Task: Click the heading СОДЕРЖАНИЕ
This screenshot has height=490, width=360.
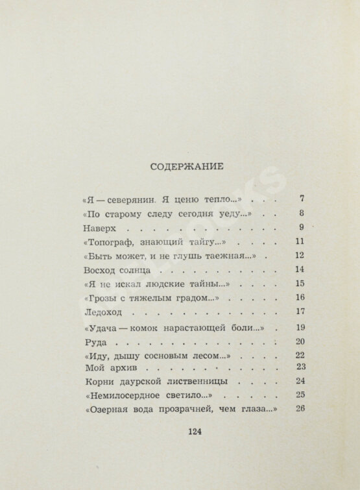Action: tap(187, 165)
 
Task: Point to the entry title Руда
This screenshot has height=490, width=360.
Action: tap(95, 341)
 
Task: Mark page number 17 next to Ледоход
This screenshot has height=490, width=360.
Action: tap(299, 310)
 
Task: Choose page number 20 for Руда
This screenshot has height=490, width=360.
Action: tap(299, 341)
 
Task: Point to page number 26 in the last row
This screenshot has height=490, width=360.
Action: tap(299, 409)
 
